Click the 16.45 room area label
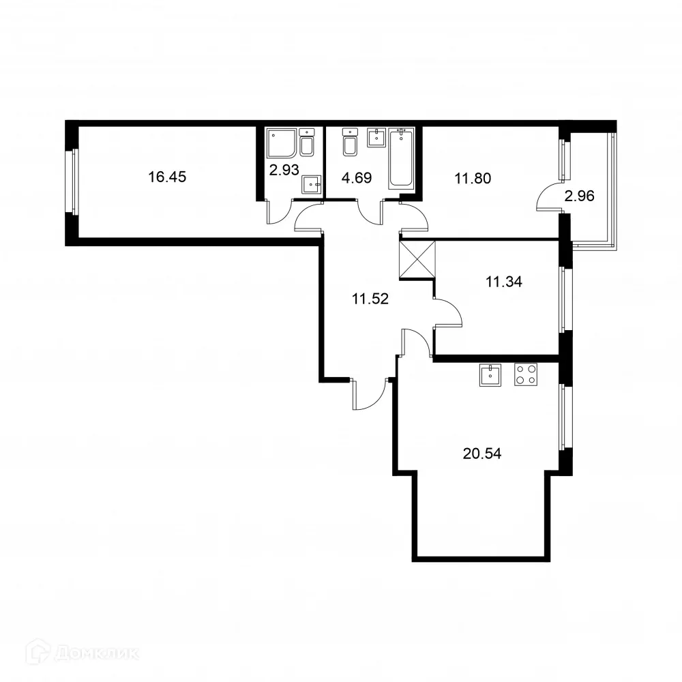(x=167, y=177)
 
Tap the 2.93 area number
(x=284, y=170)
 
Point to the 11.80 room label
(x=473, y=179)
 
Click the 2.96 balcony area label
(x=579, y=196)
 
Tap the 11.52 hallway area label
(x=370, y=298)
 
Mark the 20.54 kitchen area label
(x=481, y=454)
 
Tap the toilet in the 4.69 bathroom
(x=351, y=142)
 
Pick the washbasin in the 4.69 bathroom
(x=376, y=137)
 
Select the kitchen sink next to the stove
(x=491, y=374)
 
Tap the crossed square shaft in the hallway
(x=417, y=261)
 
